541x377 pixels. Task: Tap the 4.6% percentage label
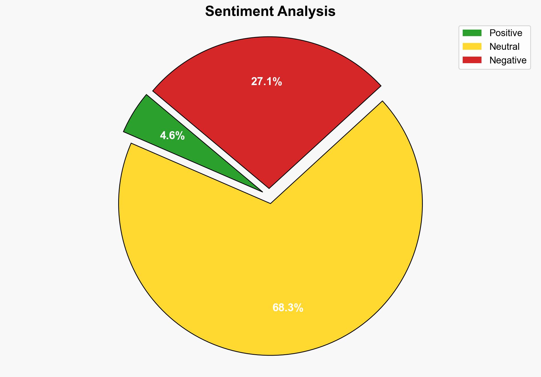point(172,136)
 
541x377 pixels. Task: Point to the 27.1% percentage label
point(266,82)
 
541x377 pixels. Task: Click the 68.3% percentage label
point(288,308)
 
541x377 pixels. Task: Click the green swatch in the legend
point(472,33)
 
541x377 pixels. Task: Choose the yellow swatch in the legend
point(472,46)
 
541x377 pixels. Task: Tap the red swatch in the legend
point(472,60)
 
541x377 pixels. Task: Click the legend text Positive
point(506,33)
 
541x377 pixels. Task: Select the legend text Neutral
point(504,46)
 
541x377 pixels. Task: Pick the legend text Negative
point(508,60)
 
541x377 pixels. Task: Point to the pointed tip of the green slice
point(262,191)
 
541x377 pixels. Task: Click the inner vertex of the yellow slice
point(270,203)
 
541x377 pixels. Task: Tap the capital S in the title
point(209,12)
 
